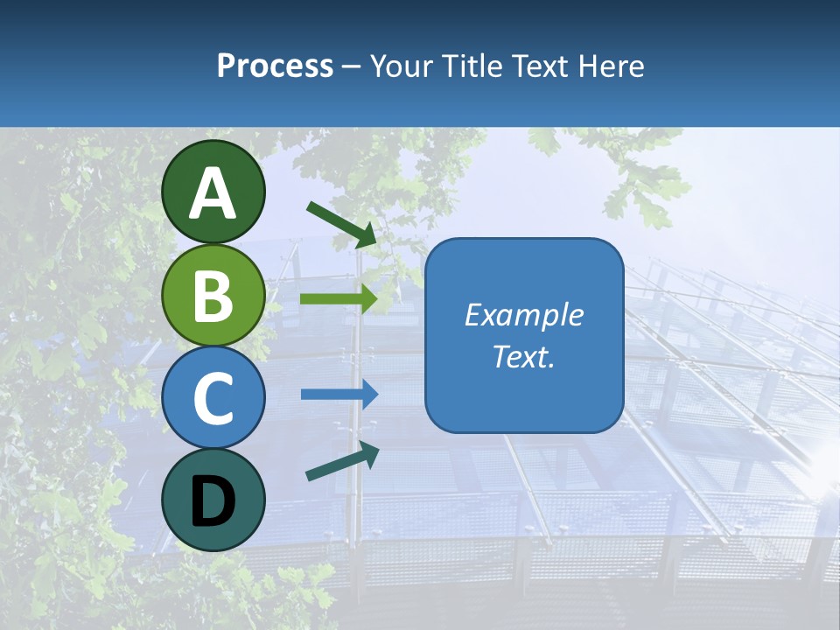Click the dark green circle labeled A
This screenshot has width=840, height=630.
[x=213, y=192]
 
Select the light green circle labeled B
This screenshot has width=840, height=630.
[x=213, y=295]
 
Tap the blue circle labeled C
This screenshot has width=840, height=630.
[x=213, y=398]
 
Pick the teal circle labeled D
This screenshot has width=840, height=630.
[x=213, y=500]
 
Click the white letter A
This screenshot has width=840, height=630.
[x=213, y=193]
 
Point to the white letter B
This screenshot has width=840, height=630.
[x=213, y=296]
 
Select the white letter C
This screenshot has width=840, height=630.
[x=213, y=398]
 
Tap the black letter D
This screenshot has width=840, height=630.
[x=213, y=502]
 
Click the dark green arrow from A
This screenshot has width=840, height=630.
[x=341, y=224]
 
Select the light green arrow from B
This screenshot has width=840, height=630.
[x=338, y=298]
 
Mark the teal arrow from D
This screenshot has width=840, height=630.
[x=342, y=463]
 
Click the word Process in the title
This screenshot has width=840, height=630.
[x=275, y=66]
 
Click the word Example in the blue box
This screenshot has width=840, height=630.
[x=523, y=315]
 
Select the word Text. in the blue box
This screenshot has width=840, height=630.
[x=523, y=356]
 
